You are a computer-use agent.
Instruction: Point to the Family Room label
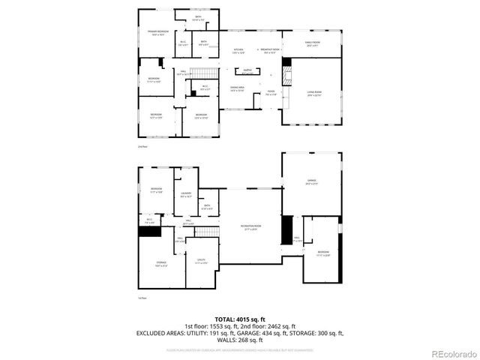[x=311, y=44]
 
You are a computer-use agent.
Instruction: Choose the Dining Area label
[x=238, y=89]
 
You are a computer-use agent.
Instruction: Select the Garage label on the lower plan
[x=312, y=182]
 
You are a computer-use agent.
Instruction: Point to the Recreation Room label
[x=250, y=228]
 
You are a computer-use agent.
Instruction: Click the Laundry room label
[x=186, y=195]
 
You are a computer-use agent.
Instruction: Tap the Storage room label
[x=160, y=264]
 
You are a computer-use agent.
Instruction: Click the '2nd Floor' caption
[x=142, y=147]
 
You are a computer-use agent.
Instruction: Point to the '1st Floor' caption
[x=142, y=298]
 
